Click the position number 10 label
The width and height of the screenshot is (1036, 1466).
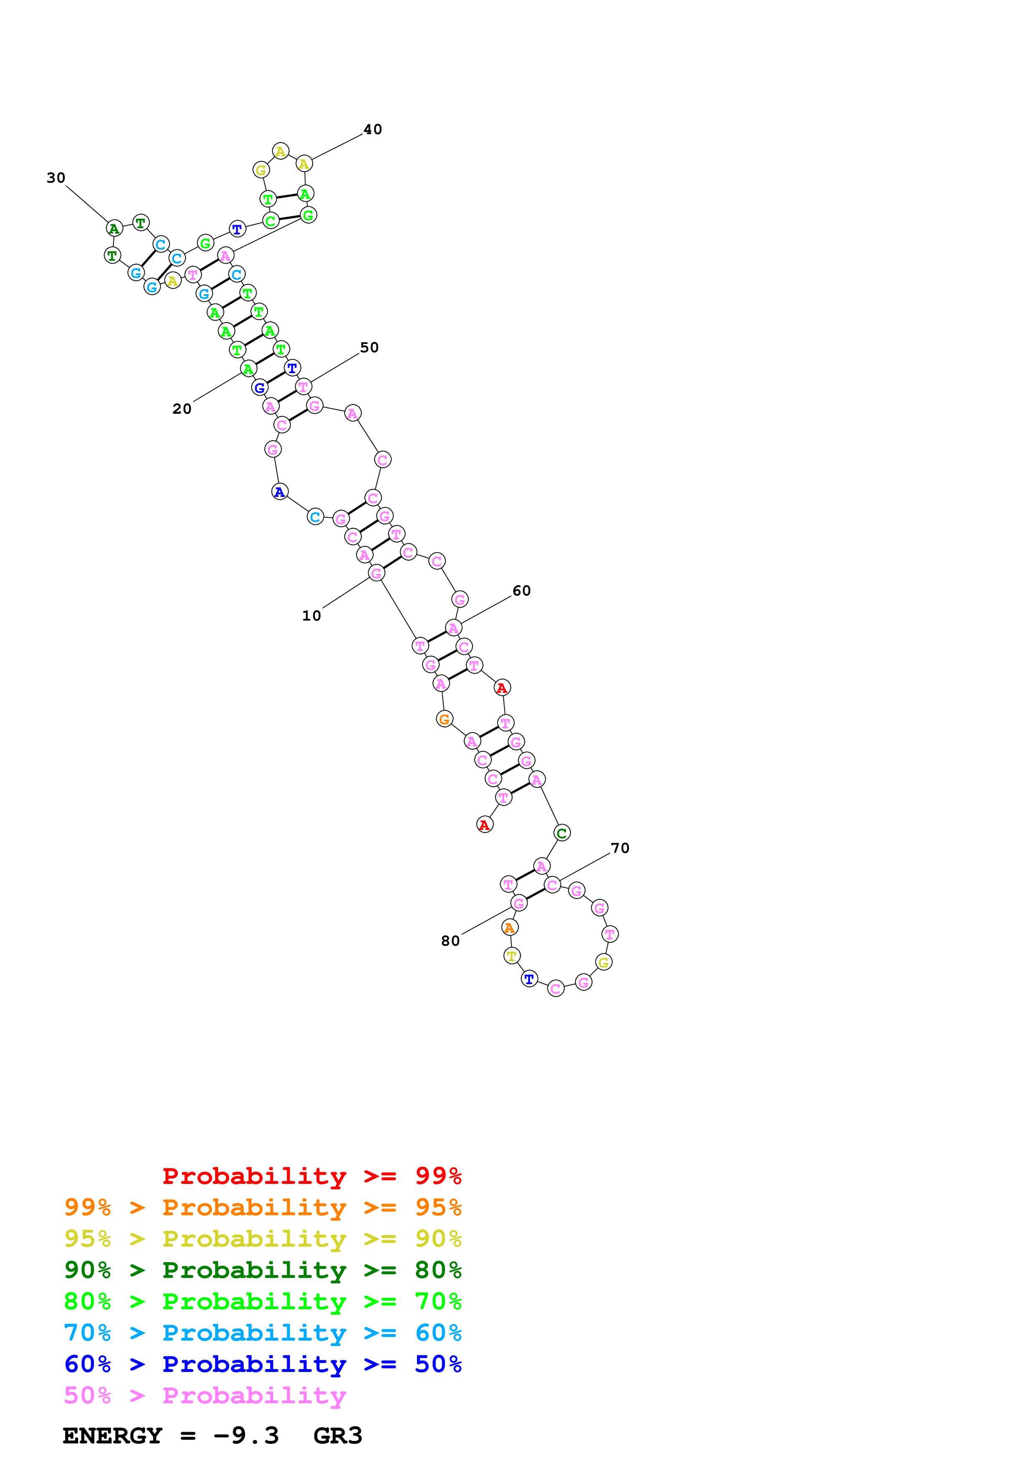coord(311,616)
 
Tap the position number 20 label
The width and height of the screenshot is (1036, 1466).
coord(182,409)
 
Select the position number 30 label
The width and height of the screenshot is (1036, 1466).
coord(56,178)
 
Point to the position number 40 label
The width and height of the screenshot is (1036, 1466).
coord(373,129)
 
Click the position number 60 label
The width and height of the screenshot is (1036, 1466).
coord(522,590)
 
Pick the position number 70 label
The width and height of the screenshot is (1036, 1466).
coord(620,848)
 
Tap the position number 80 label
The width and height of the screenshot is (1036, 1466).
coord(450,941)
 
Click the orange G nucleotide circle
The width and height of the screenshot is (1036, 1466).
coord(444,719)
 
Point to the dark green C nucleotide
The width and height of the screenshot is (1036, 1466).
coord(562,832)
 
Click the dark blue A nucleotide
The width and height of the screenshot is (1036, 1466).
coord(280,491)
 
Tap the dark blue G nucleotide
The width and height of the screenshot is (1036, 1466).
coord(260,387)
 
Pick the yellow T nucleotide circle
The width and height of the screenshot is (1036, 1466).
coord(511,956)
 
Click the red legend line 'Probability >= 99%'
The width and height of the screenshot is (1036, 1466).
coord(311,1176)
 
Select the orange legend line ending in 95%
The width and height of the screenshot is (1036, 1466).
coord(262,1207)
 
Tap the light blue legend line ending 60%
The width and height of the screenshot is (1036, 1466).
coord(262,1333)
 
